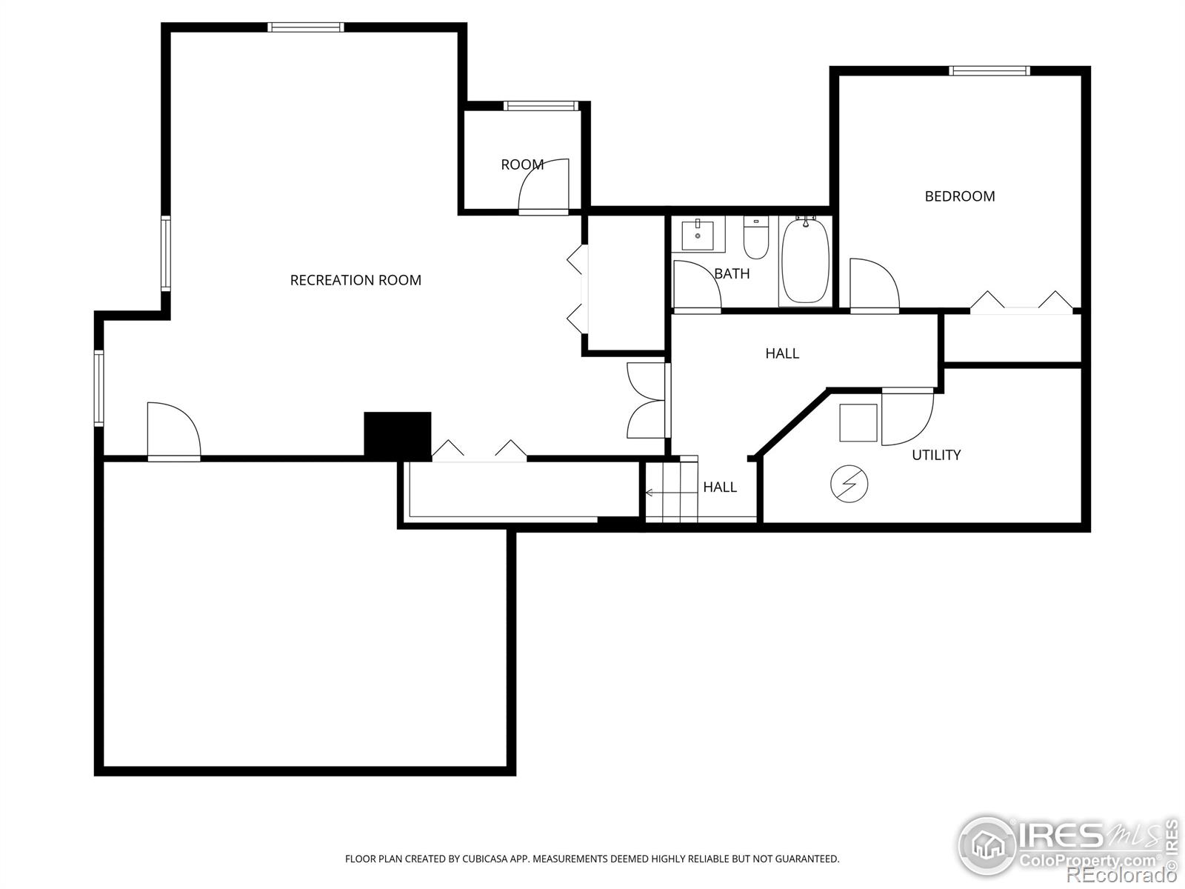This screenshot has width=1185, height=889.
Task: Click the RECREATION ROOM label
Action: [x=355, y=280]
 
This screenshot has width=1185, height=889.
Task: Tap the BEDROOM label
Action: [x=959, y=196]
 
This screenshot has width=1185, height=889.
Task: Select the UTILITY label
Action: [x=936, y=455]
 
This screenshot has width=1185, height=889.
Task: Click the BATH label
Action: [x=732, y=274]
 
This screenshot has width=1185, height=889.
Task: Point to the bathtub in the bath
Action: [x=806, y=261]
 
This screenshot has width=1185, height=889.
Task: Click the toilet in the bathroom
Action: [x=755, y=237]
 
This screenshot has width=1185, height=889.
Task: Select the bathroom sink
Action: [x=698, y=235]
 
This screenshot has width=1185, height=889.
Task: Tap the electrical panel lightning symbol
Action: [x=849, y=485]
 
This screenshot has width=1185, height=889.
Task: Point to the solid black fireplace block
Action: [x=398, y=434]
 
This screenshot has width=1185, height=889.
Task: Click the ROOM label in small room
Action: [x=522, y=164]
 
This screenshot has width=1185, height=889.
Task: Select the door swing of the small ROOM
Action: [x=544, y=185]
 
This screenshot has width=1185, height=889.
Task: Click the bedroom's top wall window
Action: [x=989, y=71]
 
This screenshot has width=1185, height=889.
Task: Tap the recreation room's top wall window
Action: [x=306, y=27]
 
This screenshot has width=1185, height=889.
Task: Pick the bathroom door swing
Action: [x=696, y=284]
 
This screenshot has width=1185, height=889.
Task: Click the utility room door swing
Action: [x=907, y=417]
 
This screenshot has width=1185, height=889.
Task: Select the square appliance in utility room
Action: [x=858, y=422]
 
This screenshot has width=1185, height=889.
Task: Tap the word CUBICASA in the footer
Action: [x=484, y=859]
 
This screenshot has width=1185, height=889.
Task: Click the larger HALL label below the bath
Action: [x=782, y=353]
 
